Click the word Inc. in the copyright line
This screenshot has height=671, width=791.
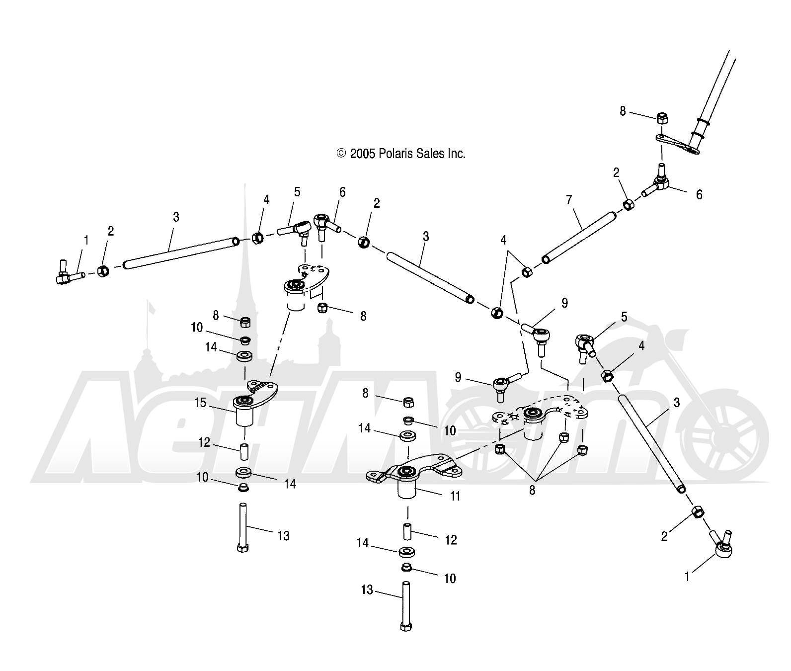pyautogui.click(x=455, y=154)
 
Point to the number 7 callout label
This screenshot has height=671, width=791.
pyautogui.click(x=569, y=200)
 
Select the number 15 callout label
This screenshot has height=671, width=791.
pyautogui.click(x=200, y=403)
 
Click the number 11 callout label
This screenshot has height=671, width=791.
pyautogui.click(x=455, y=496)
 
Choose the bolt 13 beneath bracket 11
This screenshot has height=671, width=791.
pyautogui.click(x=405, y=606)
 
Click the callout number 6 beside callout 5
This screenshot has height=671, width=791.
pyautogui.click(x=343, y=192)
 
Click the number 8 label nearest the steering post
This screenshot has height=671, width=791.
pyautogui.click(x=623, y=111)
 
